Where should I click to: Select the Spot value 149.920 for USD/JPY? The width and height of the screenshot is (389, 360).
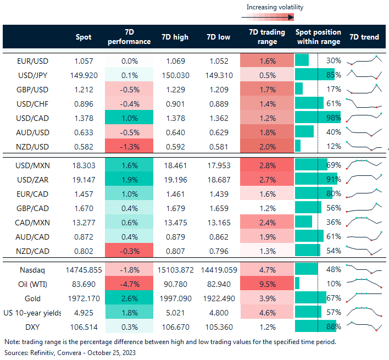click(x=84, y=75)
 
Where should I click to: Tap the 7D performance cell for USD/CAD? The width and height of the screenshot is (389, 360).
click(x=130, y=118)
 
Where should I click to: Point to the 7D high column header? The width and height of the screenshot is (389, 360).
click(x=175, y=37)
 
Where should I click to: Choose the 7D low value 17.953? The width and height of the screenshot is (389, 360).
click(x=219, y=164)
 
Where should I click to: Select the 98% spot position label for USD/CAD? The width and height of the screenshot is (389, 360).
click(x=334, y=118)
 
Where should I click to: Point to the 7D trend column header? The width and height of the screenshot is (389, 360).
click(x=364, y=37)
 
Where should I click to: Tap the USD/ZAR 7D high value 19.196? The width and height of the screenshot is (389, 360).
click(x=175, y=179)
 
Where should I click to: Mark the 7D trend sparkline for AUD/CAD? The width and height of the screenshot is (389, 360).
click(x=364, y=236)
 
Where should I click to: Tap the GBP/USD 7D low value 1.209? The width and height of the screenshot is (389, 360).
click(x=219, y=89)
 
